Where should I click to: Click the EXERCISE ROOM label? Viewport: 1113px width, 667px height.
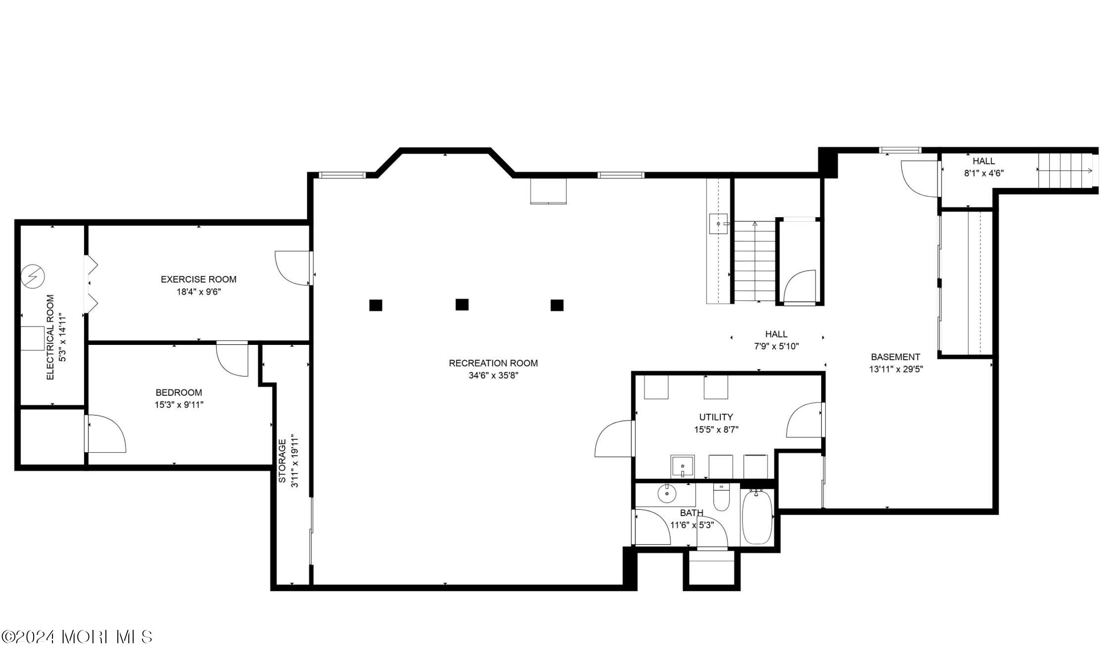click(198, 280)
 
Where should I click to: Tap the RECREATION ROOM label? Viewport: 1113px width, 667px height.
click(493, 363)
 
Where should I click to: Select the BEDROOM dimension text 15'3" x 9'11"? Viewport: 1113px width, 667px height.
click(179, 405)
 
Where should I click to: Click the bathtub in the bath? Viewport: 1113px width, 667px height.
click(757, 517)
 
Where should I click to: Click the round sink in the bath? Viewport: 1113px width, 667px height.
click(667, 493)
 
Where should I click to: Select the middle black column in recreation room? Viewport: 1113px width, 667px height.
click(462, 305)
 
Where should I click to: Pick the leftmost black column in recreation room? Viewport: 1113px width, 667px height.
click(375, 305)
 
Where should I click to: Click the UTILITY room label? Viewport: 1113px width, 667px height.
click(716, 417)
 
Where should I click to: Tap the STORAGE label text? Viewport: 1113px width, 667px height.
click(282, 461)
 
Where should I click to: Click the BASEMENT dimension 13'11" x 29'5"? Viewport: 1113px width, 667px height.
click(896, 369)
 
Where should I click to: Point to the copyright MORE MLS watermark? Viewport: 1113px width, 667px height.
click(77, 637)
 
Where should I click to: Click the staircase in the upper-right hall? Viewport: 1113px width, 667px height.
click(1064, 171)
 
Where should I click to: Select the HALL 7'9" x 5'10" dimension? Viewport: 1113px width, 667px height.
click(776, 346)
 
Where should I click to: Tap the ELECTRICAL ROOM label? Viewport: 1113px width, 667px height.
click(50, 337)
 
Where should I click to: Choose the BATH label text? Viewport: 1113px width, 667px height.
click(691, 513)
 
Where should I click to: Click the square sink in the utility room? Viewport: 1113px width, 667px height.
click(682, 467)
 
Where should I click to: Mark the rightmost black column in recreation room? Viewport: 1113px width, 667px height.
click(557, 305)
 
